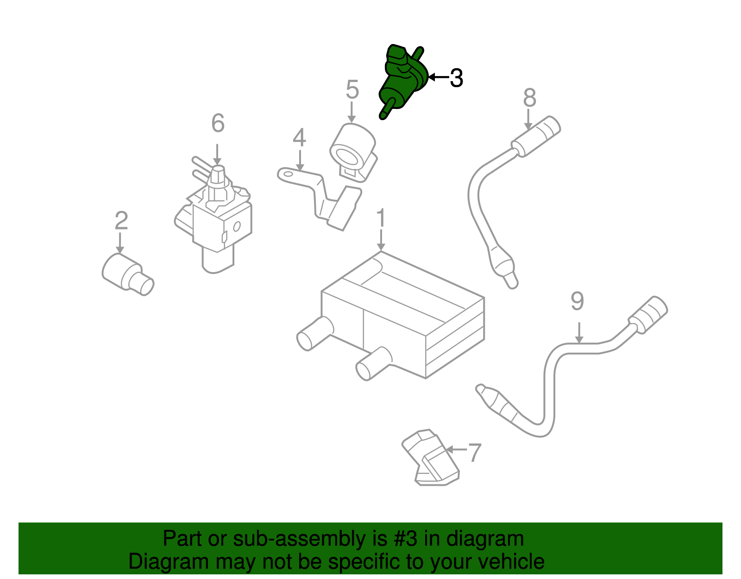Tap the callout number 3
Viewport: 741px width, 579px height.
coord(456,78)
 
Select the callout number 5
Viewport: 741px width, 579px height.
coord(352,89)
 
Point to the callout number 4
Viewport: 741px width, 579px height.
coord(299,138)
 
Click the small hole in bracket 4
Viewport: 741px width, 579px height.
coord(288,174)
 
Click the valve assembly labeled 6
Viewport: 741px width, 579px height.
coord(214,215)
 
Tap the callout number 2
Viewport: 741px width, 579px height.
coord(121,220)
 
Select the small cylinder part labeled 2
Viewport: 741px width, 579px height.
coord(128,274)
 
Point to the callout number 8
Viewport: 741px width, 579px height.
coord(529,97)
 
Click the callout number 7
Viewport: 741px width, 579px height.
coord(474,452)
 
